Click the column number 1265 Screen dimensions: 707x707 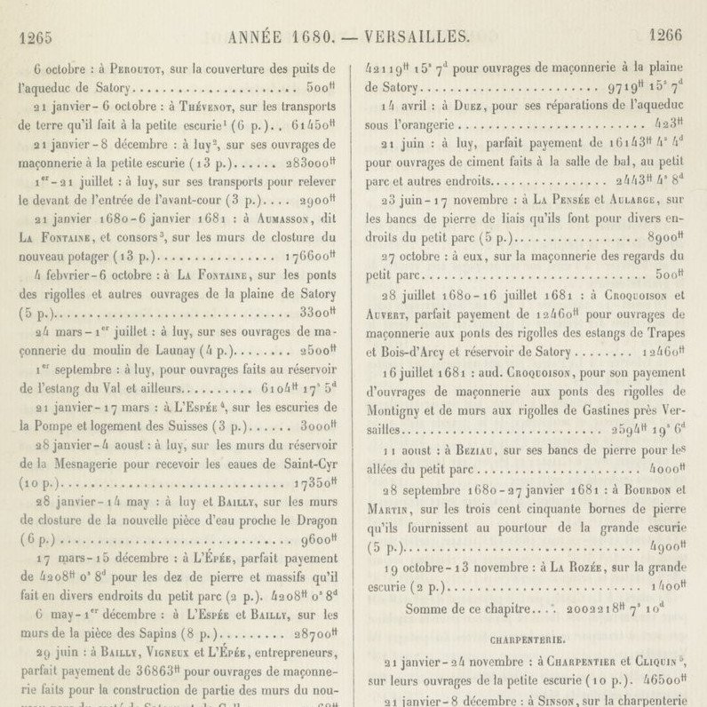point(35,36)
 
